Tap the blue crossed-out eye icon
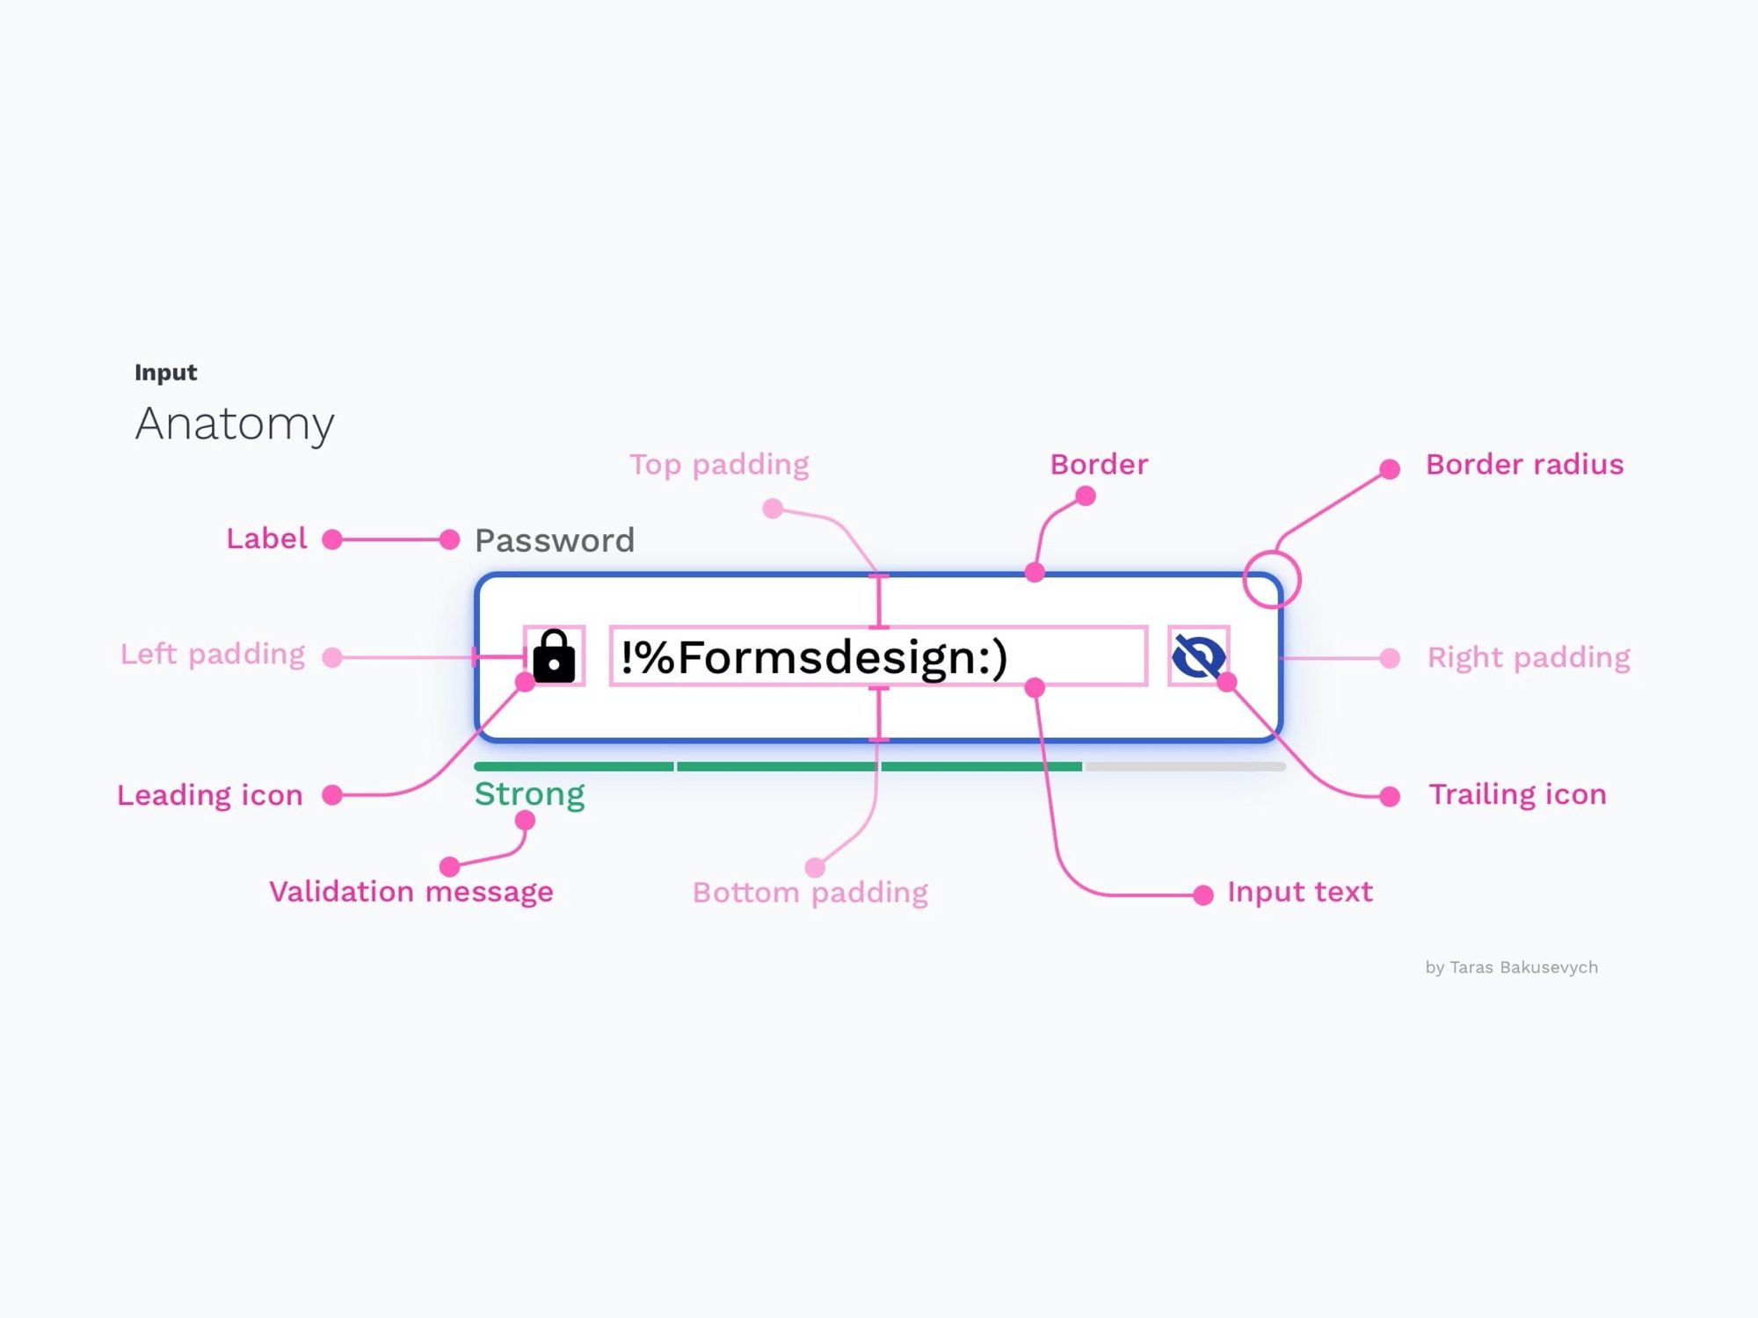point(1198,655)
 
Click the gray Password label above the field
point(554,540)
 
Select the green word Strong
point(529,794)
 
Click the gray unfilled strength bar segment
point(1185,766)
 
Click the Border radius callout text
point(1524,464)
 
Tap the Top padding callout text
point(719,465)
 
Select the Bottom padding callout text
point(810,893)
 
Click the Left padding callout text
point(213,655)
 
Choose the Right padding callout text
point(1529,657)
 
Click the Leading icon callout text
point(210,795)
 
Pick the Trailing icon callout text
point(1517,794)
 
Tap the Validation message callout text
point(411,892)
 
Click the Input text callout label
point(1300,892)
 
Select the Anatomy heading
point(235,424)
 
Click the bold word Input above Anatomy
point(165,373)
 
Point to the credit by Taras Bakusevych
point(1512,967)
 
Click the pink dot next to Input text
point(1203,894)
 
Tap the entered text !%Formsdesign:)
point(814,657)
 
